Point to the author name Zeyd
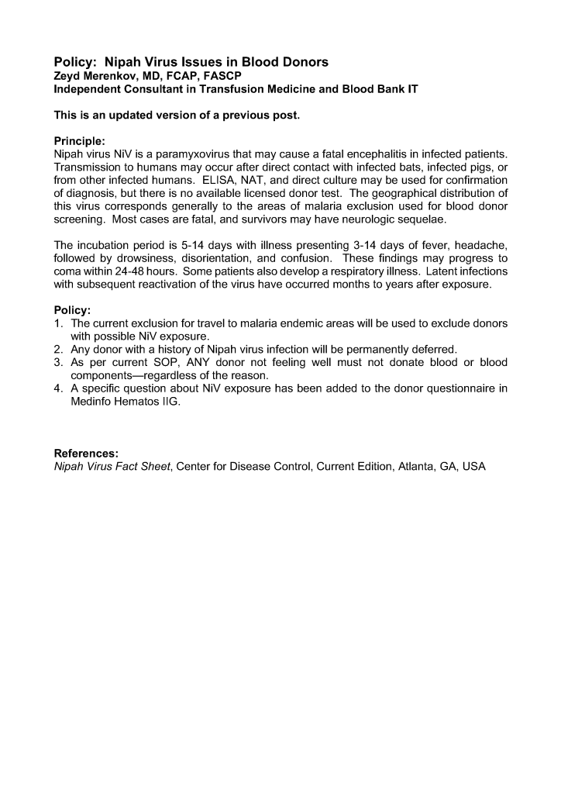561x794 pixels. pyautogui.click(x=67, y=75)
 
